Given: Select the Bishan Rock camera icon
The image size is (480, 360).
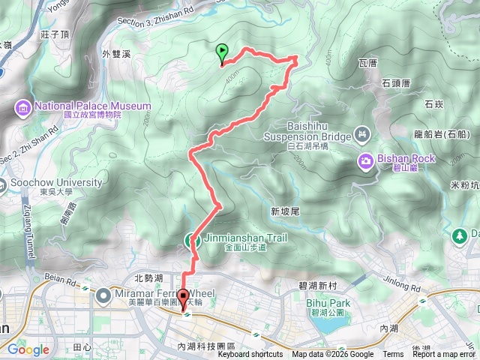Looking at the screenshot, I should pos(365,159).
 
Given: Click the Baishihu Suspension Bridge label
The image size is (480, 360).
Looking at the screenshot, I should pos(307,131).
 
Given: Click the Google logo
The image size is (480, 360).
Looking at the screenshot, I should pos(28,349).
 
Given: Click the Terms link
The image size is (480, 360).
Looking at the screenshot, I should pos(392,355).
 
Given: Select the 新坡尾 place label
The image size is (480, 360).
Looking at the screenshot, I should pos(285,212).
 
